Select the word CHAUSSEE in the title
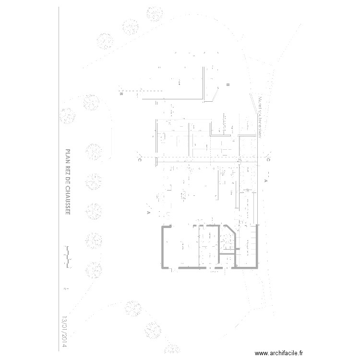(67, 199)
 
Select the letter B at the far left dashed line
(121, 95)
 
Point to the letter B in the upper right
(228, 85)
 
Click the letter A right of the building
(265, 181)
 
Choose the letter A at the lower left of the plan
(149, 212)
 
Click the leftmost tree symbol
(67, 115)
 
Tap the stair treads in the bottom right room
(249, 245)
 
